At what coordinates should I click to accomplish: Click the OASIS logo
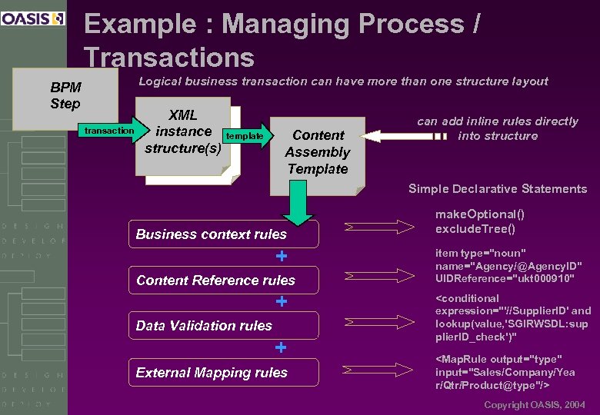[x=33, y=18]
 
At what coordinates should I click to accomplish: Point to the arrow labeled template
[x=245, y=136]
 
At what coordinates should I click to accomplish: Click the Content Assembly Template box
[x=317, y=152]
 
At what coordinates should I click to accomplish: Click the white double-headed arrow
[x=403, y=136]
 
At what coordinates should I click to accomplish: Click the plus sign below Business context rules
[x=282, y=256]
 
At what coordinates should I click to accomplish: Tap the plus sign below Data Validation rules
[x=282, y=348]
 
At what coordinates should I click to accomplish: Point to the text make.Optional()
[x=480, y=214]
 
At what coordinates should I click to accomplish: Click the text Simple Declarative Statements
[x=497, y=189]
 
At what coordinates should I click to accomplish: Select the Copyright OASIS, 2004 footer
[x=534, y=404]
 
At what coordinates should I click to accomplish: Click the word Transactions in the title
[x=169, y=58]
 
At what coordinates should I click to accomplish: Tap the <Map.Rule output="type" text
[x=498, y=359]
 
